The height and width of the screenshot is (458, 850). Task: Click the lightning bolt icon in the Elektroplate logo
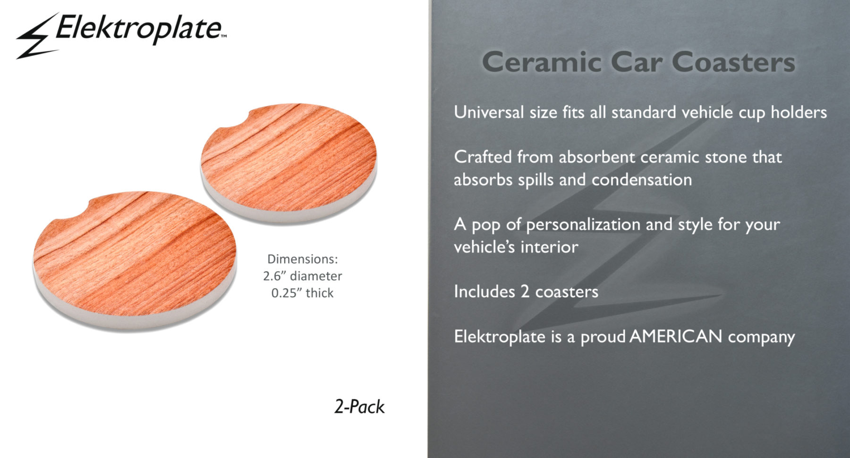(x=37, y=37)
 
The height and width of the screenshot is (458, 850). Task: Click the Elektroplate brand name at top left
(x=140, y=28)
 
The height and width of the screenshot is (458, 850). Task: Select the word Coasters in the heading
(x=733, y=62)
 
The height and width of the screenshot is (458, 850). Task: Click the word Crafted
(x=483, y=157)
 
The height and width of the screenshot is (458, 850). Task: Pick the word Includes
(x=484, y=291)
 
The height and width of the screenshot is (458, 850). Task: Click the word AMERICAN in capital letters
(x=676, y=336)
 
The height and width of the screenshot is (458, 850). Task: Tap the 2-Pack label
(x=359, y=407)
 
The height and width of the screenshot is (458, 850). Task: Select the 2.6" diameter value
(x=302, y=276)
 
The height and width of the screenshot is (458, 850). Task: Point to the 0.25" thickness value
(x=302, y=293)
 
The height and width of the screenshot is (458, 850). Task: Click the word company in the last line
(x=761, y=337)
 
